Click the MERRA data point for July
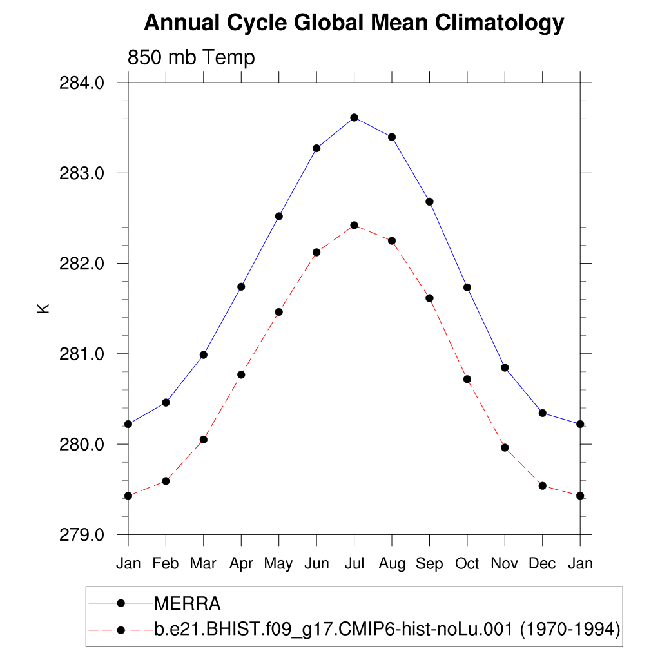pyautogui.click(x=354, y=117)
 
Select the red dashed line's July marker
pyautogui.click(x=354, y=225)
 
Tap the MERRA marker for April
pyautogui.click(x=241, y=286)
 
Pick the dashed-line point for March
pyautogui.click(x=204, y=440)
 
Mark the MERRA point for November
pyautogui.click(x=505, y=367)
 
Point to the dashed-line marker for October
pyautogui.click(x=467, y=379)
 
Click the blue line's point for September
pyautogui.click(x=429, y=202)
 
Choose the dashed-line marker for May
pyautogui.click(x=279, y=312)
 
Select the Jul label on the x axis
pyautogui.click(x=354, y=563)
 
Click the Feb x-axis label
pyautogui.click(x=166, y=563)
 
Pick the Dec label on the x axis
pyautogui.click(x=542, y=563)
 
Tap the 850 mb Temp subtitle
pyautogui.click(x=191, y=57)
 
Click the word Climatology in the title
pyautogui.click(x=500, y=24)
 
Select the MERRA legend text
pyautogui.click(x=188, y=604)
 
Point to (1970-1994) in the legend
pyautogui.click(x=570, y=629)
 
